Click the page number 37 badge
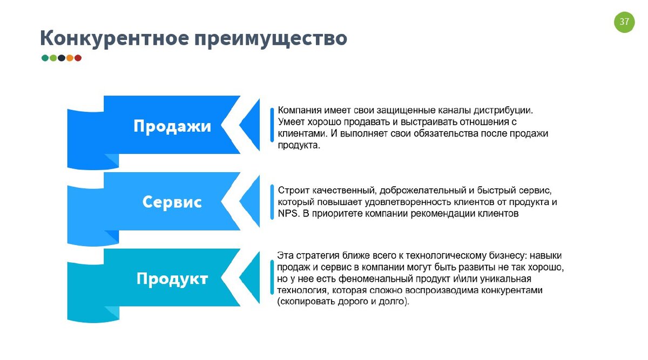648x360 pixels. (x=624, y=22)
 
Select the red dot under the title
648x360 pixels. (x=78, y=58)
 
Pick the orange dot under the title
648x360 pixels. (x=70, y=58)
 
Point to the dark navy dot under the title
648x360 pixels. (x=62, y=58)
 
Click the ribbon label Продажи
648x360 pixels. (x=172, y=126)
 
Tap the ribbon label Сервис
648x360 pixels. (x=172, y=202)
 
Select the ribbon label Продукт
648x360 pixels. (x=172, y=279)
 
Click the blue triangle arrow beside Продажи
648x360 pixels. (x=250, y=125)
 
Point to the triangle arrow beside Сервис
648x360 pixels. (x=250, y=201)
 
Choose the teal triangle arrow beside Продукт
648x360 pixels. (x=250, y=278)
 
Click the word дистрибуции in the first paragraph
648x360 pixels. (x=503, y=110)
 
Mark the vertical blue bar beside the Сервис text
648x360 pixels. (x=272, y=201)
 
